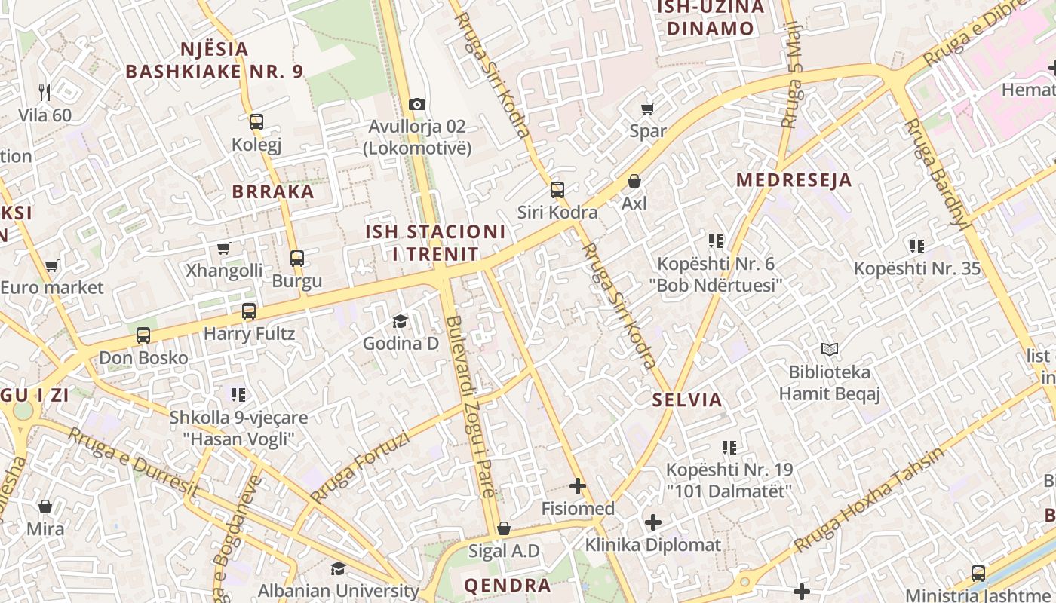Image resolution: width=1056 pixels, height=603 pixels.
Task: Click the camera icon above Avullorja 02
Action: [x=417, y=104]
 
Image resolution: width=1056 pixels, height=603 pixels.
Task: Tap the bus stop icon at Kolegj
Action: [x=256, y=121]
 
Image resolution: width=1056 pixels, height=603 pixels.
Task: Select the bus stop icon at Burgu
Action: [x=297, y=259]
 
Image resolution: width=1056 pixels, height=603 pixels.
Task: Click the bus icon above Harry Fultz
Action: [x=249, y=311]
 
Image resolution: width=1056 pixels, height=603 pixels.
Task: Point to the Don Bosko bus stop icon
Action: [x=143, y=335]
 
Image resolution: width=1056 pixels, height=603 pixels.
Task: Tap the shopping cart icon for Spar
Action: [x=647, y=109]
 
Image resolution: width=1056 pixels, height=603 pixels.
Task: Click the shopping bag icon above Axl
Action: [x=634, y=182]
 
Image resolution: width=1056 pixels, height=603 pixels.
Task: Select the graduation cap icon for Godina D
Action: [x=400, y=322]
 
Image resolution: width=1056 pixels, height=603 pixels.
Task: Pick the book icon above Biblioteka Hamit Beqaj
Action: [x=830, y=350]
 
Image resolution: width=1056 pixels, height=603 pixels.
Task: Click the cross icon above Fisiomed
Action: [x=578, y=486]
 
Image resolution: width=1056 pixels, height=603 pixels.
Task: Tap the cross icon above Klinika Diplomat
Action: [x=653, y=522]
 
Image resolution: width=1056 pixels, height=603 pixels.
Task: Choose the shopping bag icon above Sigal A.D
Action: [x=504, y=528]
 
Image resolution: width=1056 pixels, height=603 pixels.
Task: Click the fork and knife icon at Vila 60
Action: [x=45, y=93]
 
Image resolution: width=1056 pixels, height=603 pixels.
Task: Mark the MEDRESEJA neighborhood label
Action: [x=794, y=180]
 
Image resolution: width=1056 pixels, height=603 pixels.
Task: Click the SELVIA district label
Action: [x=687, y=400]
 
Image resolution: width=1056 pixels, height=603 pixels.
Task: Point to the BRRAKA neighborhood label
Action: [x=273, y=191]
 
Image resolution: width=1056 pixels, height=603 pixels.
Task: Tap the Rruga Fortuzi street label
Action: [x=360, y=467]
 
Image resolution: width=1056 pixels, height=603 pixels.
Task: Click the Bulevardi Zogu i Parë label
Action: [x=470, y=407]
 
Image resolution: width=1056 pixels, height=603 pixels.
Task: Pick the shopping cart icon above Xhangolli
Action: [x=223, y=248]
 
